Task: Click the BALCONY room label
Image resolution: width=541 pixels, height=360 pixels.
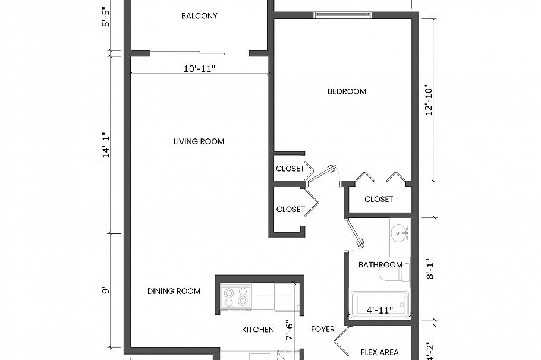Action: point(199,16)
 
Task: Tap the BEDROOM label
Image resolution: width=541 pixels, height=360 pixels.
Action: point(347,91)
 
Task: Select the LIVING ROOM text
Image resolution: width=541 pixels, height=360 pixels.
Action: point(199,141)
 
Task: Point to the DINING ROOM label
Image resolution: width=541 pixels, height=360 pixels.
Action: point(174,291)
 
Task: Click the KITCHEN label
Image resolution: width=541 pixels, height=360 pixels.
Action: point(258,330)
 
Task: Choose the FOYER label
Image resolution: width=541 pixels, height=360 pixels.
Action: point(323,329)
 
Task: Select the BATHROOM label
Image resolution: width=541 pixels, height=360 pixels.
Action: point(380,265)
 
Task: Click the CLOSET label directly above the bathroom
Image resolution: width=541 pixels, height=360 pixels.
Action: point(379,199)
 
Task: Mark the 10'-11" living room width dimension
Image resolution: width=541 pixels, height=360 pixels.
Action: point(199,69)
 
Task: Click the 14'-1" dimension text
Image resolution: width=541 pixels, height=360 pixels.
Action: point(106,144)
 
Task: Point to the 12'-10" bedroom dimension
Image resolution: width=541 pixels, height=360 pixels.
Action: point(429,103)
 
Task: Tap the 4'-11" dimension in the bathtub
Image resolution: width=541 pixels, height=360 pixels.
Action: point(379,310)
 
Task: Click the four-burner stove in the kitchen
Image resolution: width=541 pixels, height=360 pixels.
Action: point(235,296)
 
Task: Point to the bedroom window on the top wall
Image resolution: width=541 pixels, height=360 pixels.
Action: point(343,14)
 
